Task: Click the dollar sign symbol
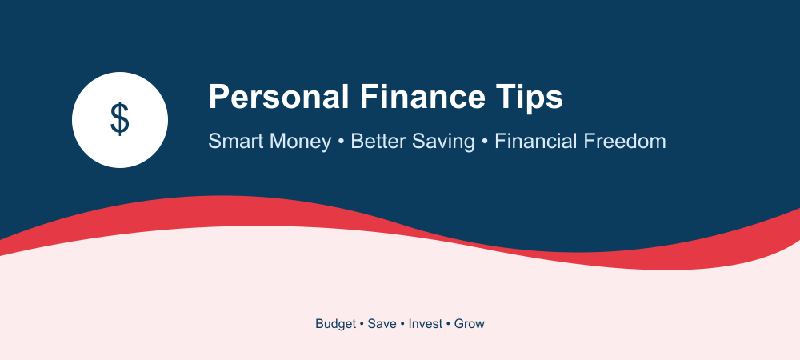(120, 119)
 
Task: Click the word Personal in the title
(279, 96)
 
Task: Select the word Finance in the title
(422, 96)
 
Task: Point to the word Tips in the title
(529, 98)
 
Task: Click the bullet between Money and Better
(342, 142)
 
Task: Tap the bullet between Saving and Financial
(485, 142)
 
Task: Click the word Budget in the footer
(336, 324)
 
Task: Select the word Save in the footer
(382, 324)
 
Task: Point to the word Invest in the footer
(426, 324)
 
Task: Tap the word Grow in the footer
(470, 324)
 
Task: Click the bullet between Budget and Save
(362, 324)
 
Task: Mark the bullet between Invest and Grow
(449, 324)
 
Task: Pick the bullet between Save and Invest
(402, 324)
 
